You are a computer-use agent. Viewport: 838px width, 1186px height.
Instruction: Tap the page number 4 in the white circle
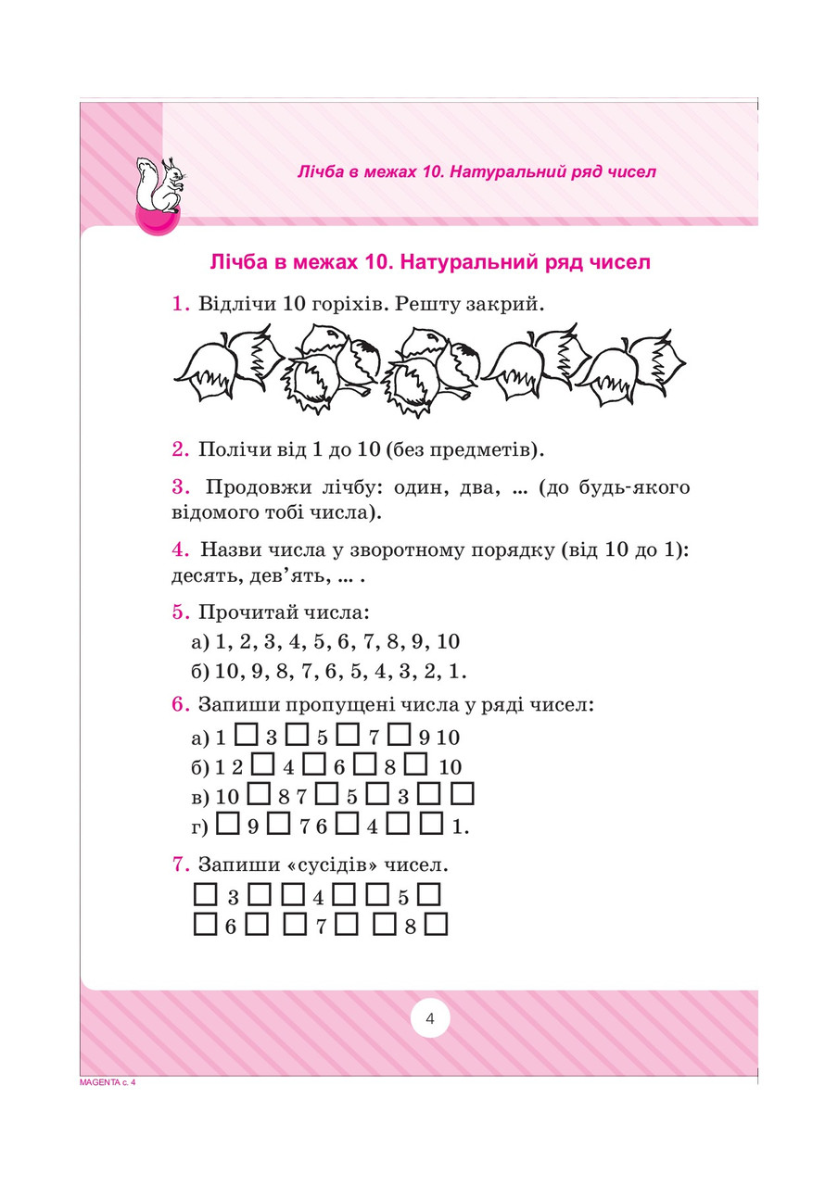tap(429, 1019)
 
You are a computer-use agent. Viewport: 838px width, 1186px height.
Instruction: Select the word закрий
tap(506, 304)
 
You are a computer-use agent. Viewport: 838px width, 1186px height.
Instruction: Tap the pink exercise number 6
tap(180, 704)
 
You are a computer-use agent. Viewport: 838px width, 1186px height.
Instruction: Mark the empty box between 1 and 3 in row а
tap(247, 737)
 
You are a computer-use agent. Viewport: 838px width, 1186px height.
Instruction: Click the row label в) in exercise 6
tap(200, 796)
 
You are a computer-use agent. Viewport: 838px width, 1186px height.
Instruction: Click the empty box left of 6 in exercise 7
tap(204, 925)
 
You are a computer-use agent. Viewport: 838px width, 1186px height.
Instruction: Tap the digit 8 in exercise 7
tap(409, 926)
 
